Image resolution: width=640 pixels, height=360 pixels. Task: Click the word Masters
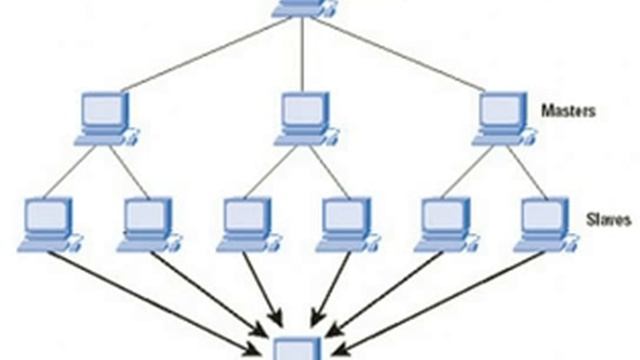569,110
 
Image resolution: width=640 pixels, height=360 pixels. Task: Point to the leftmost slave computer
49,221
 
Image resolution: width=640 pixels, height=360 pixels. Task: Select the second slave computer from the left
147,221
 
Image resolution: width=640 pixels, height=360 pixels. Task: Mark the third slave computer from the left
245,221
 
